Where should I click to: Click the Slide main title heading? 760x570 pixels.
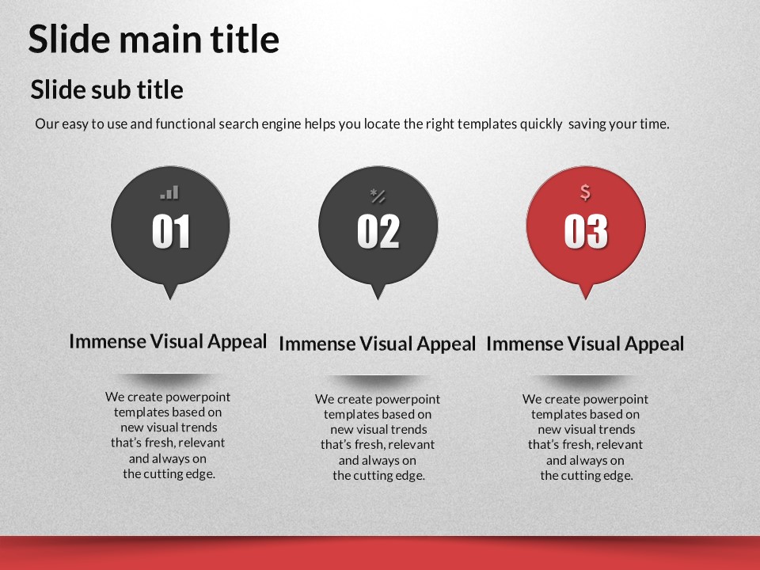[154, 39]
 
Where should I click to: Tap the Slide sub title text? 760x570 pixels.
[107, 89]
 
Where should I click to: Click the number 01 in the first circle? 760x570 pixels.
[171, 232]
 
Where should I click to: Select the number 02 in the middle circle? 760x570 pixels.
[378, 232]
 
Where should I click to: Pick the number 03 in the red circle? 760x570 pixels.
[586, 232]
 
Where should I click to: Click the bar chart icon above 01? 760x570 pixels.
[169, 192]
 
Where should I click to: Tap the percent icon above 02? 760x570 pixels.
[378, 196]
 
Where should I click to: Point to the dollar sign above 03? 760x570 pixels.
[586, 192]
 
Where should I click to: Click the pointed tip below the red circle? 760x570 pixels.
[586, 299]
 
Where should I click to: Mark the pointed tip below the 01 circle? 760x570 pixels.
[170, 299]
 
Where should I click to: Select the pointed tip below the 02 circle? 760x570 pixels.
[378, 299]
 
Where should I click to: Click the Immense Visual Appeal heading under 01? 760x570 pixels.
[168, 341]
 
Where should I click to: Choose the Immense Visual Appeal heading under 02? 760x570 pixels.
[377, 344]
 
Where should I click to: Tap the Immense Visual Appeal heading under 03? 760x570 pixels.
[585, 344]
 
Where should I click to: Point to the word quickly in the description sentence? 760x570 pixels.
[541, 124]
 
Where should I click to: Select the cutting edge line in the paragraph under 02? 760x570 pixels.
[378, 476]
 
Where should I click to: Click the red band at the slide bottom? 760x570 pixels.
[380, 553]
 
